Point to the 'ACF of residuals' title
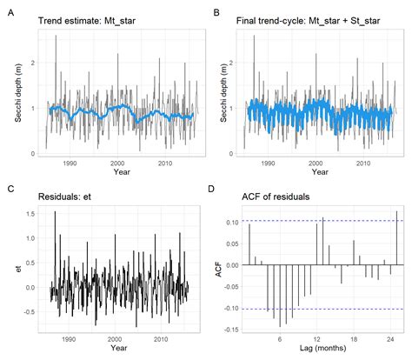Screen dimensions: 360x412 tap(276, 197)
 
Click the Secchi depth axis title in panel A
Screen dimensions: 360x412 tap(18, 91)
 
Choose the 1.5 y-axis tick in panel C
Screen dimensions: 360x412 tap(30, 213)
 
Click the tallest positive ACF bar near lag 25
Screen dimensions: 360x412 tap(396, 237)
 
